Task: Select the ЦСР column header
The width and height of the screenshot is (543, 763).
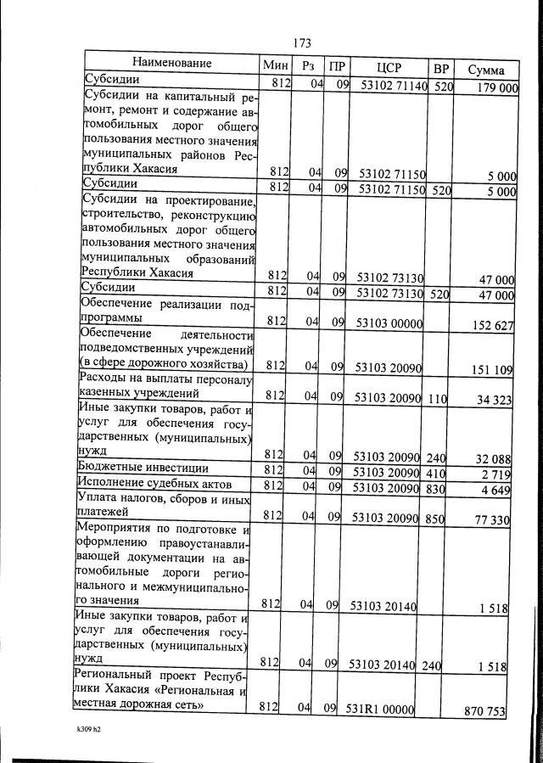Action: tap(388, 67)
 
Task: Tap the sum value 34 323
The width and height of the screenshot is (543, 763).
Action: tap(495, 399)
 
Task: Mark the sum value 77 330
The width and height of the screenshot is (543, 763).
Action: tap(495, 519)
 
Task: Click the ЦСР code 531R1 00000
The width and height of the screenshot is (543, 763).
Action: tap(378, 707)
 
